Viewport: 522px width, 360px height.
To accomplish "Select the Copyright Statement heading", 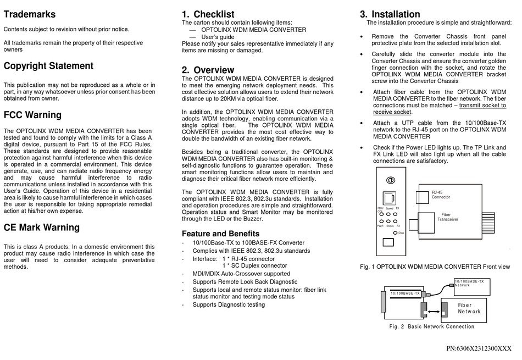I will (x=48, y=66).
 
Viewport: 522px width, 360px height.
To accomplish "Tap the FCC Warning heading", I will (x=32, y=115).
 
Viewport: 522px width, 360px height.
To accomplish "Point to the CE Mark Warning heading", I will (x=41, y=228).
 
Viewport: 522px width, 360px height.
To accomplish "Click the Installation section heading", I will (x=390, y=14).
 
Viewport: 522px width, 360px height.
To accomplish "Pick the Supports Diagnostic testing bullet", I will (x=229, y=304).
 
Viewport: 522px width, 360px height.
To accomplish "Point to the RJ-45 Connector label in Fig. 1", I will (x=440, y=195).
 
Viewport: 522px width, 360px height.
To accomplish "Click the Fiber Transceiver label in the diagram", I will (x=448, y=217).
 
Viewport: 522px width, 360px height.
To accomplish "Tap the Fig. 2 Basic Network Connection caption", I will (x=431, y=326).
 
